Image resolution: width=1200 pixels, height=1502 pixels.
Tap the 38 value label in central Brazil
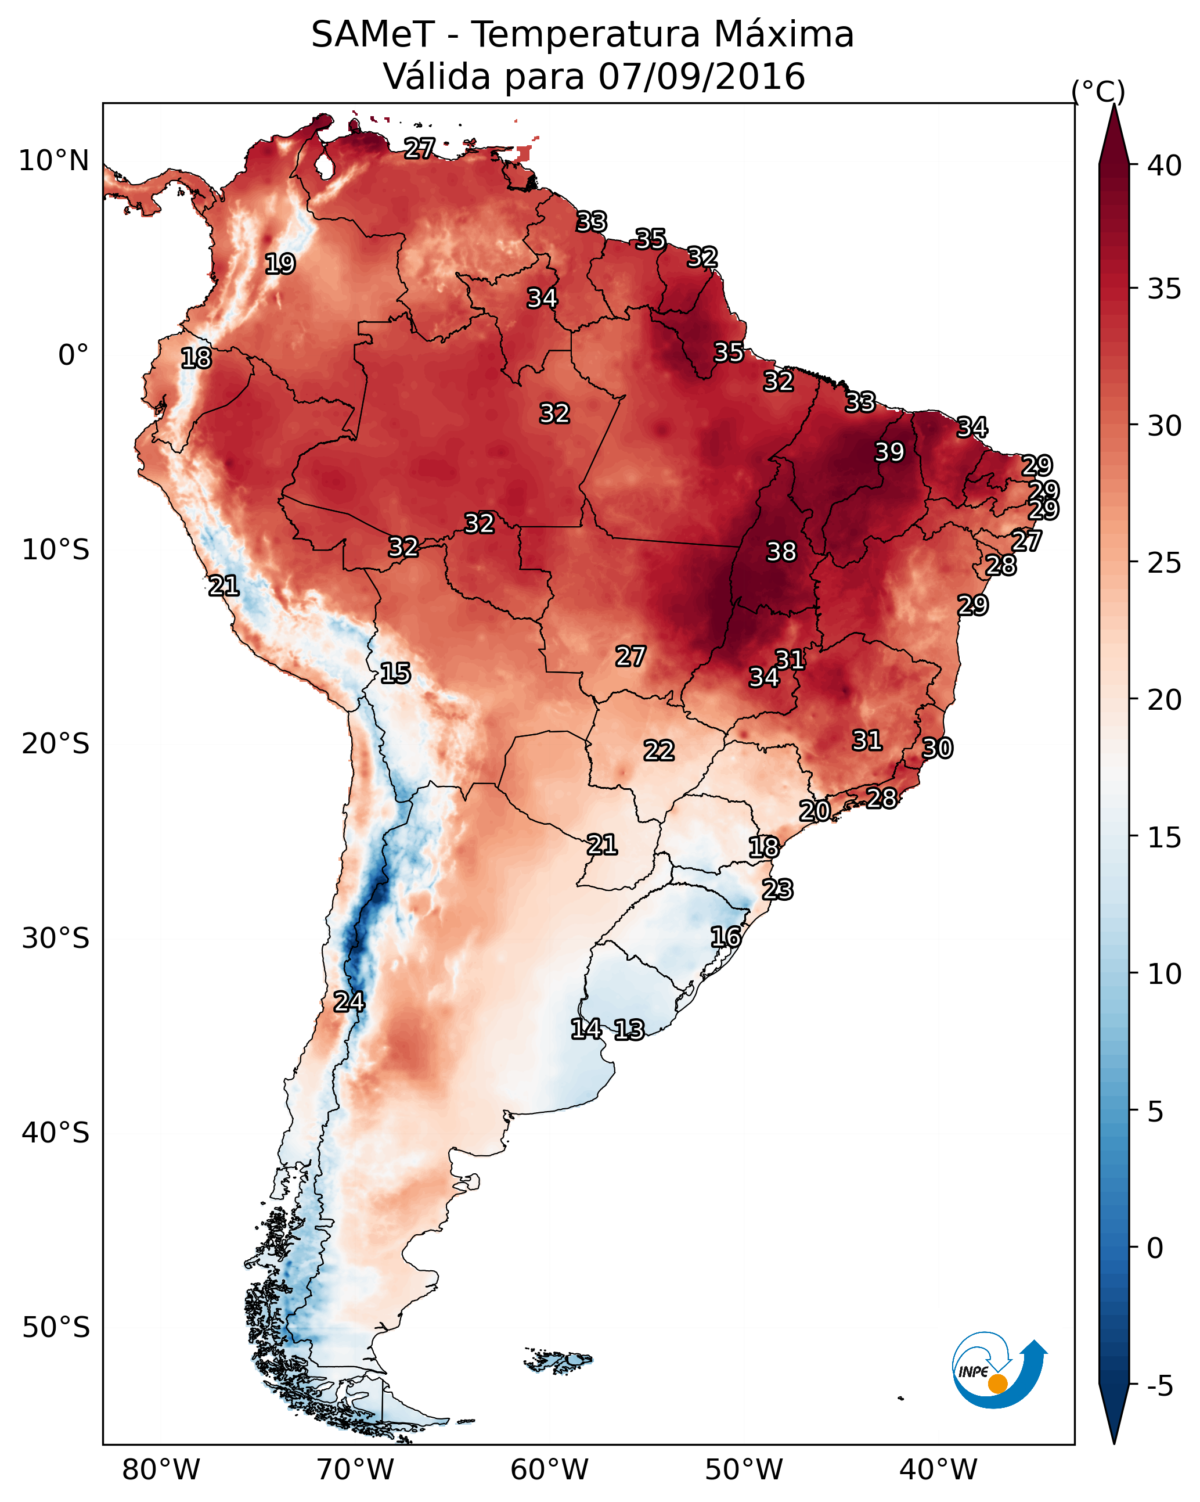coord(781,552)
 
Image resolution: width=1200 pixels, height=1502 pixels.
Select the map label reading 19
coord(280,264)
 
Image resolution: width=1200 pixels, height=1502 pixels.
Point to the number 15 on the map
coord(395,673)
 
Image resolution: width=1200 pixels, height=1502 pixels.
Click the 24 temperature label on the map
coord(348,1002)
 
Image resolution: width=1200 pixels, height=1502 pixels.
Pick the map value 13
coord(629,1030)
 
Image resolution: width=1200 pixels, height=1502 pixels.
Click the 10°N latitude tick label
coord(53,161)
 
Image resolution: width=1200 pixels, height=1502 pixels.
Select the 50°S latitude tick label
coord(56,1328)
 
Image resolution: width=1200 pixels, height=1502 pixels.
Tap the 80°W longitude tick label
coord(161,1470)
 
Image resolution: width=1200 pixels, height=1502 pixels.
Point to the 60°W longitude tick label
coord(550,1470)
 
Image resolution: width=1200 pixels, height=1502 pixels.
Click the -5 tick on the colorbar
coord(1159,1387)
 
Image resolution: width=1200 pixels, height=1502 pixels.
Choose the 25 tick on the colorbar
coord(1164,563)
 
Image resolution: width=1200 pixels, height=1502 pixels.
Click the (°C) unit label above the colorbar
coord(1098,91)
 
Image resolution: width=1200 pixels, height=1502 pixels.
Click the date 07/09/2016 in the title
coord(701,77)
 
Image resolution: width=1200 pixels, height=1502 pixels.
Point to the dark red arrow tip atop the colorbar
coord(1113,129)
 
